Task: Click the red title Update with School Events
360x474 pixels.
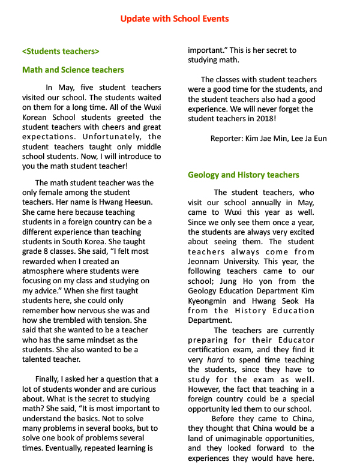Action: coord(174,19)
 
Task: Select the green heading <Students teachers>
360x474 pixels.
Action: coord(61,51)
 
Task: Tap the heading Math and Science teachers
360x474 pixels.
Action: coord(73,70)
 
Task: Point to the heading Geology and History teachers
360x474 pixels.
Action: coord(243,175)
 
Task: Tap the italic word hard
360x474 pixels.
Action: coord(215,359)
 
